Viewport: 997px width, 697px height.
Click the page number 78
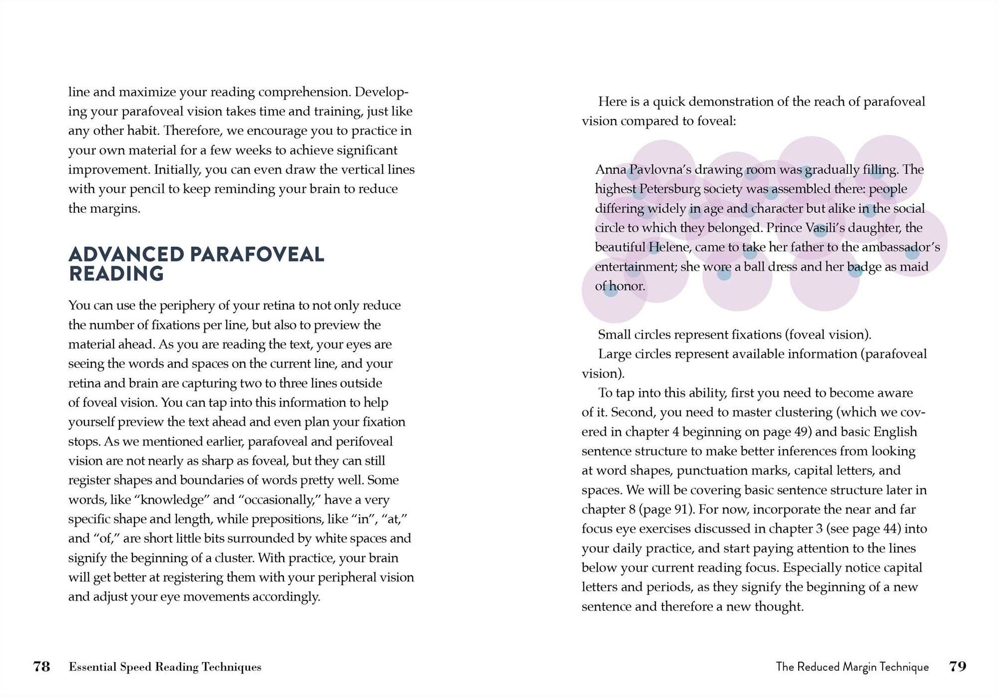pos(41,667)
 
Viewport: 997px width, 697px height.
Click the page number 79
pos(958,667)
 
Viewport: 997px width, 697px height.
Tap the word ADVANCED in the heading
pos(126,255)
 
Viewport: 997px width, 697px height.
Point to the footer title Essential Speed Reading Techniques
pos(165,667)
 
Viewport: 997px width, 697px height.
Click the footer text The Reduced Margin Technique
pos(852,667)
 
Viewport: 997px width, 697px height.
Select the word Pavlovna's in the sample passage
pos(660,170)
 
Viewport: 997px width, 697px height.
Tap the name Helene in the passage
pos(669,247)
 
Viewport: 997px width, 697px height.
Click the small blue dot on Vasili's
pos(820,231)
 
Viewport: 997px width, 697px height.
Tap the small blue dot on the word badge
pos(855,271)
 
